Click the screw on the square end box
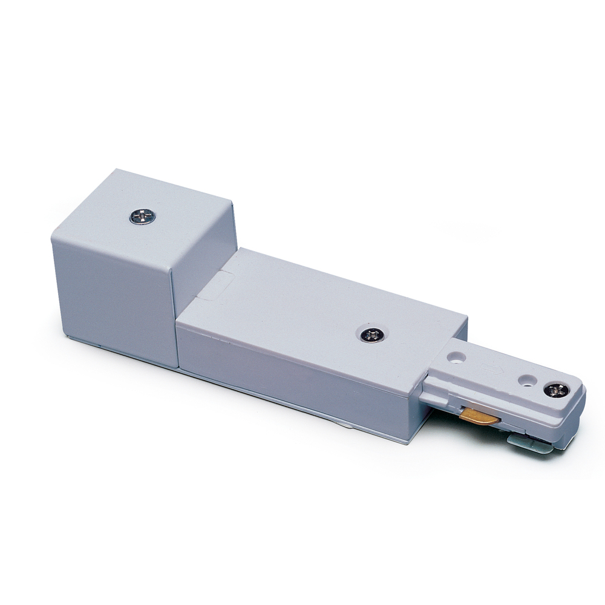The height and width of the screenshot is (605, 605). coord(143,216)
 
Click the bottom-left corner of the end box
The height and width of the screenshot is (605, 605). coord(67,336)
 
